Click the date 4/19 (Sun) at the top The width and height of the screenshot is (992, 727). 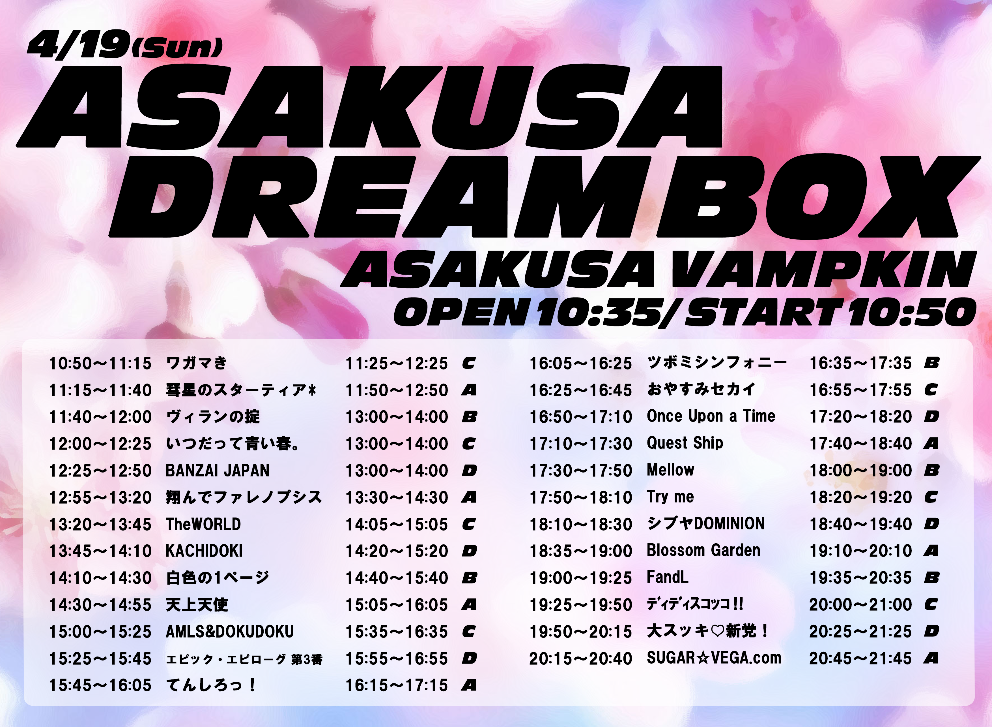tap(125, 45)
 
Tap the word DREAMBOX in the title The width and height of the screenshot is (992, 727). tap(544, 196)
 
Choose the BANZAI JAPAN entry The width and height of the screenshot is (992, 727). tap(217, 471)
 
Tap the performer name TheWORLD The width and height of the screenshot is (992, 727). tap(203, 524)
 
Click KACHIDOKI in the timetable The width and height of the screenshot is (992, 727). tap(204, 551)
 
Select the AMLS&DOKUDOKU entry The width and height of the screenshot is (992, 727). tap(229, 632)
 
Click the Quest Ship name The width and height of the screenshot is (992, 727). tap(685, 443)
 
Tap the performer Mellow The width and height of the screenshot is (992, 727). tap(671, 470)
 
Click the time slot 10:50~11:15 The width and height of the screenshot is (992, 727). tap(100, 363)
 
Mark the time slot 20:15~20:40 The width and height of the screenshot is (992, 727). tap(580, 658)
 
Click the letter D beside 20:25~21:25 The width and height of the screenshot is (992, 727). tap(931, 632)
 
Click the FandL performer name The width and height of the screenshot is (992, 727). tap(668, 577)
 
